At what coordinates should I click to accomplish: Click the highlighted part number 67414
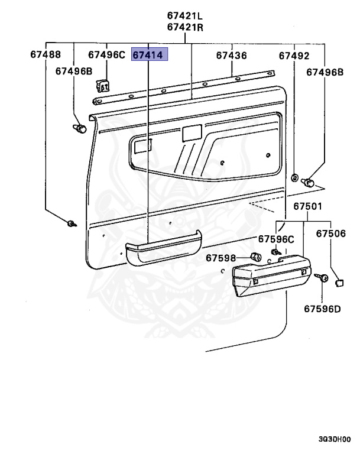coord(150,56)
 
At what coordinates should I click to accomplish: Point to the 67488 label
coord(46,55)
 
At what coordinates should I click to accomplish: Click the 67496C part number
coord(107,55)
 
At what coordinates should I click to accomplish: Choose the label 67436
coord(231,56)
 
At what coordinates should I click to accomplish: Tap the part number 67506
coord(330,234)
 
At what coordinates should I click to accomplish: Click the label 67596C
coord(275,239)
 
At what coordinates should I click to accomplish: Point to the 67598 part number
coord(221,258)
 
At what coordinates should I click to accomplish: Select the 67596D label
coord(323,308)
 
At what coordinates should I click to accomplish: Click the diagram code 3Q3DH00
coord(334,440)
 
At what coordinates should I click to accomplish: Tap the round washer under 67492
coord(294,177)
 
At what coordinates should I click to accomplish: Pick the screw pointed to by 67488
coord(72,224)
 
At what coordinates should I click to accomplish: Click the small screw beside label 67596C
coord(275,252)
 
